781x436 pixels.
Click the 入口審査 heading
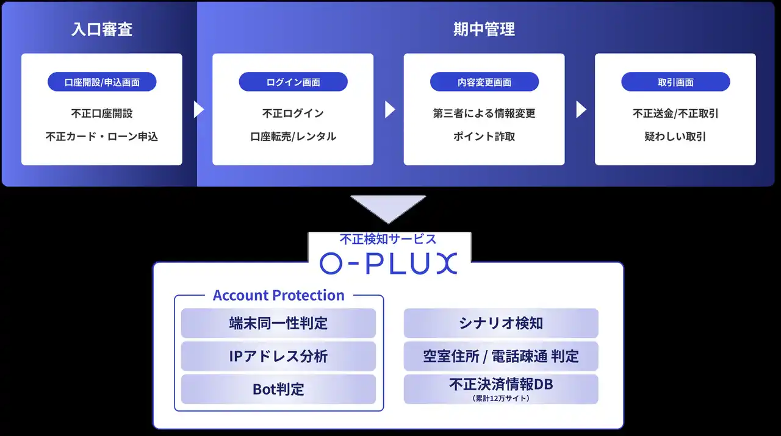pyautogui.click(x=102, y=29)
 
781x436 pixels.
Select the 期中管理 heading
pyautogui.click(x=484, y=29)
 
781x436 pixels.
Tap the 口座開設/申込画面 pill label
pyautogui.click(x=102, y=82)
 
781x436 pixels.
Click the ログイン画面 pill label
pyautogui.click(x=293, y=82)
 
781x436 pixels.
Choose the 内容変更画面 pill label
pyautogui.click(x=484, y=82)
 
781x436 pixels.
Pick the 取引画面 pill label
pyautogui.click(x=675, y=82)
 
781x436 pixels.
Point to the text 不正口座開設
pyautogui.click(x=102, y=113)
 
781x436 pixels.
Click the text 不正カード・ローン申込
pyautogui.click(x=102, y=137)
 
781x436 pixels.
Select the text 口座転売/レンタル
pyautogui.click(x=293, y=137)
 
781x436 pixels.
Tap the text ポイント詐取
pyautogui.click(x=484, y=137)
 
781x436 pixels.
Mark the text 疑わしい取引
pyautogui.click(x=675, y=137)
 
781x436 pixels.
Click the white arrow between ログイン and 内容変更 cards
pyautogui.click(x=390, y=109)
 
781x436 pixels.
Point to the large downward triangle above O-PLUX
pyautogui.click(x=388, y=208)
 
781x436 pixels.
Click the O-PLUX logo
pyautogui.click(x=388, y=262)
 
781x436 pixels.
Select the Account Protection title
pyautogui.click(x=278, y=296)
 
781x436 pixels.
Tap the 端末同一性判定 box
pyautogui.click(x=278, y=323)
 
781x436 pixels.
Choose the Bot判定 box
pyautogui.click(x=278, y=389)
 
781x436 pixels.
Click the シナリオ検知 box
pyautogui.click(x=501, y=323)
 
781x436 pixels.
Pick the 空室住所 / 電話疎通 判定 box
pyautogui.click(x=501, y=356)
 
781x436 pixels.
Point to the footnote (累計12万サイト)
pyautogui.click(x=501, y=398)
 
